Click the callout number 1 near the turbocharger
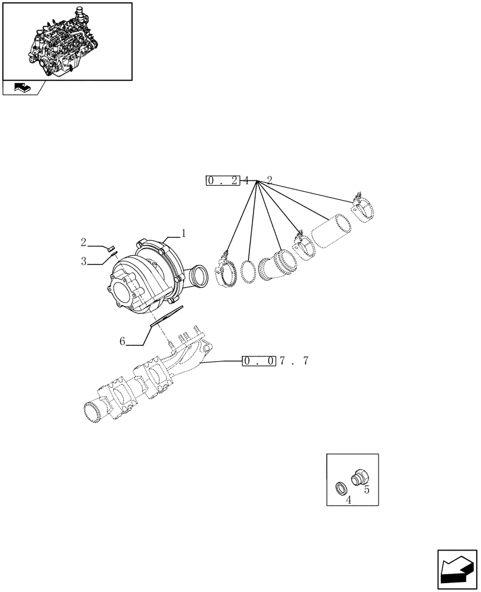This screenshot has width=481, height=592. [184, 234]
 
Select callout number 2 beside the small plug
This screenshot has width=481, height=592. [84, 242]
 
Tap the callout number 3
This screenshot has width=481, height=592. [84, 260]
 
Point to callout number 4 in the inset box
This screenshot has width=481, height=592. [348, 500]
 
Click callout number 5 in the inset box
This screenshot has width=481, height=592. [367, 490]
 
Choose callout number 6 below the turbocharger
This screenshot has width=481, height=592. [122, 341]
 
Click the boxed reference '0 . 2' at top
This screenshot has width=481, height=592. [223, 181]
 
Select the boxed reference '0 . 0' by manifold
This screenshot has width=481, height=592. [259, 361]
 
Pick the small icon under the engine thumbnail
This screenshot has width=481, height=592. [21, 88]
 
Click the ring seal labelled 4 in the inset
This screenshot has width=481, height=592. [342, 488]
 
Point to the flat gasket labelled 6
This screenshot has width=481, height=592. [166, 316]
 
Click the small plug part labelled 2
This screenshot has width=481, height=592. [111, 247]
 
